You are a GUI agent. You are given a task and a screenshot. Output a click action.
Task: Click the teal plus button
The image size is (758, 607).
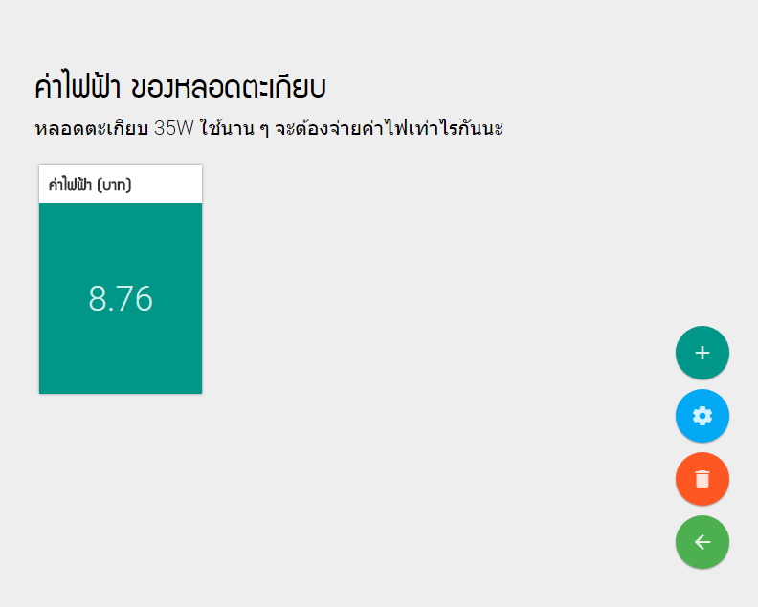702,353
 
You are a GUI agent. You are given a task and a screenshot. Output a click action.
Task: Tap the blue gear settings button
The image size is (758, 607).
702,416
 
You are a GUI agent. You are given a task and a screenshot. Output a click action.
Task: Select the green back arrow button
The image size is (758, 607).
702,542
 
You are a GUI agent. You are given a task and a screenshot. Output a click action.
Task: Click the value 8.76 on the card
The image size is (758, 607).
121,298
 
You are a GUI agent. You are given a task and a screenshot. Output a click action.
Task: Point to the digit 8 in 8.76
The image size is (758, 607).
98,298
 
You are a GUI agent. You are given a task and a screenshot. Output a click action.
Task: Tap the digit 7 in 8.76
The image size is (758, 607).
127,298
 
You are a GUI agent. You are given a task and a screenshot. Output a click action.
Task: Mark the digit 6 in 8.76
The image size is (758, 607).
145,298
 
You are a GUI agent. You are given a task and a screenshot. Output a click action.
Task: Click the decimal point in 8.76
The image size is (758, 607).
112,309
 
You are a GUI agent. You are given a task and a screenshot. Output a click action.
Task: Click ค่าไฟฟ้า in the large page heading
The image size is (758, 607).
78,86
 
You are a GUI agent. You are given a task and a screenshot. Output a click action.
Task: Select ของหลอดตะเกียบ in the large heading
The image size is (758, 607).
229,87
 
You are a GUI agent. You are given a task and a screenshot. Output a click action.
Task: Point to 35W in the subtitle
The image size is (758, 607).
174,128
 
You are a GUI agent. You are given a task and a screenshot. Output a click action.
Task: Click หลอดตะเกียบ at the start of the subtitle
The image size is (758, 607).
91,128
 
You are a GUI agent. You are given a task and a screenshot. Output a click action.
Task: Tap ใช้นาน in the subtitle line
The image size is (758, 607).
227,127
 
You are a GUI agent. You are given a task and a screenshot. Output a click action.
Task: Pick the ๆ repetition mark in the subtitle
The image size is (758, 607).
264,130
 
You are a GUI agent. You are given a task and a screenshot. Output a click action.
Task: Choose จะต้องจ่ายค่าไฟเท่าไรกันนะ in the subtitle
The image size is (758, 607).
390,128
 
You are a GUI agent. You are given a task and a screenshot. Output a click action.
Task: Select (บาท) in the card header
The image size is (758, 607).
114,184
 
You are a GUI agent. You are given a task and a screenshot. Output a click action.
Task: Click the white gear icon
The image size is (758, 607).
702,416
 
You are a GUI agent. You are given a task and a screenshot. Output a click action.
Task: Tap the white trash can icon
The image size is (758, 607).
702,479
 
